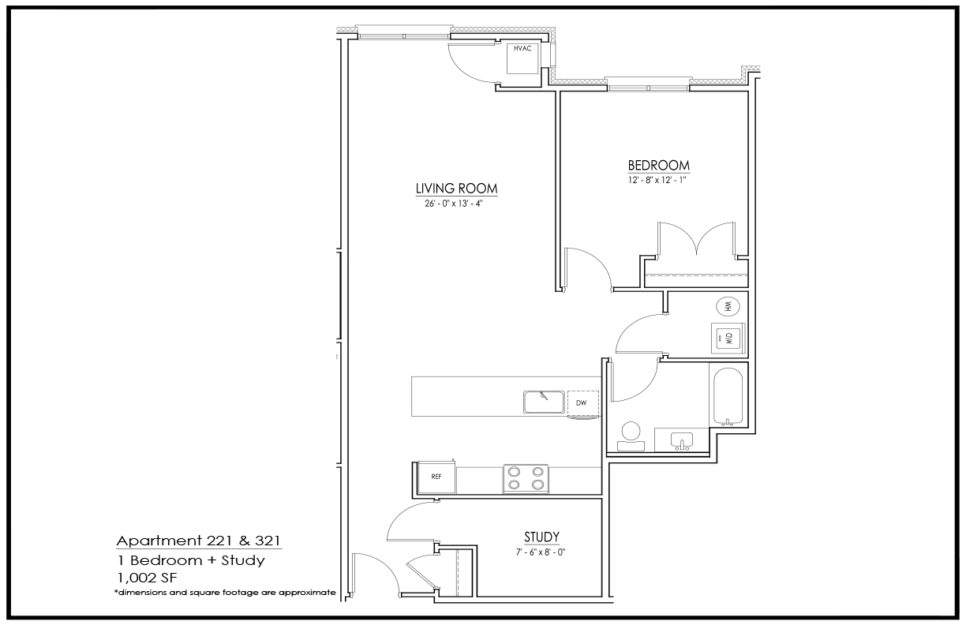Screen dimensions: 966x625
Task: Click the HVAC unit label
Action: tap(522, 48)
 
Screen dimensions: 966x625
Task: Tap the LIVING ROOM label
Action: tap(456, 189)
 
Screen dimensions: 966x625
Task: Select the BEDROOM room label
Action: tap(658, 165)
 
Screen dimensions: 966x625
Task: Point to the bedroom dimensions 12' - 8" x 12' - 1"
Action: tap(657, 180)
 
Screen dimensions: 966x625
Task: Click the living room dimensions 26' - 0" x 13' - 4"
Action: tap(453, 203)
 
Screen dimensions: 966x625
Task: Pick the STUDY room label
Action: tap(541, 537)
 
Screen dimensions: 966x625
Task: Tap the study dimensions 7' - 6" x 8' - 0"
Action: tap(541, 552)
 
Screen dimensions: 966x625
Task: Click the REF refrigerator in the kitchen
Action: tap(436, 477)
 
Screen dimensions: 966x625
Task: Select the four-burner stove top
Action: tap(526, 479)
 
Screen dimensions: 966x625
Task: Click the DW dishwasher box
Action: tap(582, 404)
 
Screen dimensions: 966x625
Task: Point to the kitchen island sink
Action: tap(544, 402)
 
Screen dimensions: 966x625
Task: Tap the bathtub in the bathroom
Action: tap(728, 396)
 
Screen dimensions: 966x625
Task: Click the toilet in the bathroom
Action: tap(631, 436)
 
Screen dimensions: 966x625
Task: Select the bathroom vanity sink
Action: tap(682, 441)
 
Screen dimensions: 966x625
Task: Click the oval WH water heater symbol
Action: tap(728, 307)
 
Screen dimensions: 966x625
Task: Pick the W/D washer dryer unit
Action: tap(728, 339)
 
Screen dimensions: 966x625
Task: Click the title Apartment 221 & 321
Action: tap(198, 541)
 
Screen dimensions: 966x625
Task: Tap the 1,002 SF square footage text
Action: tap(147, 578)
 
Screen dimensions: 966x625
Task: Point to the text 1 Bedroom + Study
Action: tap(192, 560)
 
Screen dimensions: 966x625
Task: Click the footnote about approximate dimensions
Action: tap(225, 593)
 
